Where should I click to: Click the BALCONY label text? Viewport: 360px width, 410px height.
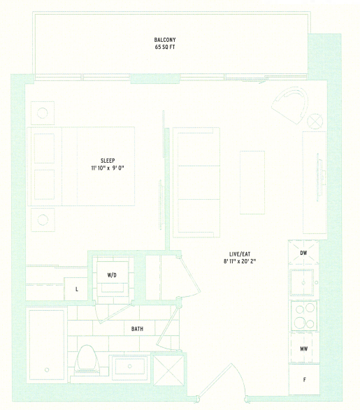(x=165, y=40)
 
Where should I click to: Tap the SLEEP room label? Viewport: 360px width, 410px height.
(x=108, y=161)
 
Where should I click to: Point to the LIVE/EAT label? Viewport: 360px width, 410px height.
(x=240, y=254)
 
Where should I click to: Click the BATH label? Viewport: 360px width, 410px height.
(x=137, y=329)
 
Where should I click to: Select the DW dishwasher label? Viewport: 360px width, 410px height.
(x=303, y=253)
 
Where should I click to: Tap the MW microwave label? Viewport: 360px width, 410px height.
(x=304, y=349)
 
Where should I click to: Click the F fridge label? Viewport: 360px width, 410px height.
(x=304, y=380)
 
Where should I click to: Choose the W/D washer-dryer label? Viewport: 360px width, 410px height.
(x=112, y=274)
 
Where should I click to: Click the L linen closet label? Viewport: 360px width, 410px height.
(x=77, y=289)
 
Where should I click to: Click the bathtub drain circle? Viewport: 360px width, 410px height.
(x=47, y=369)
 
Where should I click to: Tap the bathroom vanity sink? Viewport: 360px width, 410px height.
(x=130, y=367)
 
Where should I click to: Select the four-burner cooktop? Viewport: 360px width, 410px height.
(x=304, y=316)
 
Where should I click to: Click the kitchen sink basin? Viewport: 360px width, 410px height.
(x=302, y=282)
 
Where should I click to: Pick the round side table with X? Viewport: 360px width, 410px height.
(x=315, y=122)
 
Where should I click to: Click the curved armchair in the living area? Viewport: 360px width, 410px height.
(x=290, y=105)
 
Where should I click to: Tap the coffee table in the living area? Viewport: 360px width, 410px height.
(x=252, y=182)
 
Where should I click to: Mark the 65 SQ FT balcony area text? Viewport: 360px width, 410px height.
(x=165, y=47)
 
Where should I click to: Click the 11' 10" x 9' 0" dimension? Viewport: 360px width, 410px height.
(x=108, y=168)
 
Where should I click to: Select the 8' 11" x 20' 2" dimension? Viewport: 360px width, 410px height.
(x=240, y=261)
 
